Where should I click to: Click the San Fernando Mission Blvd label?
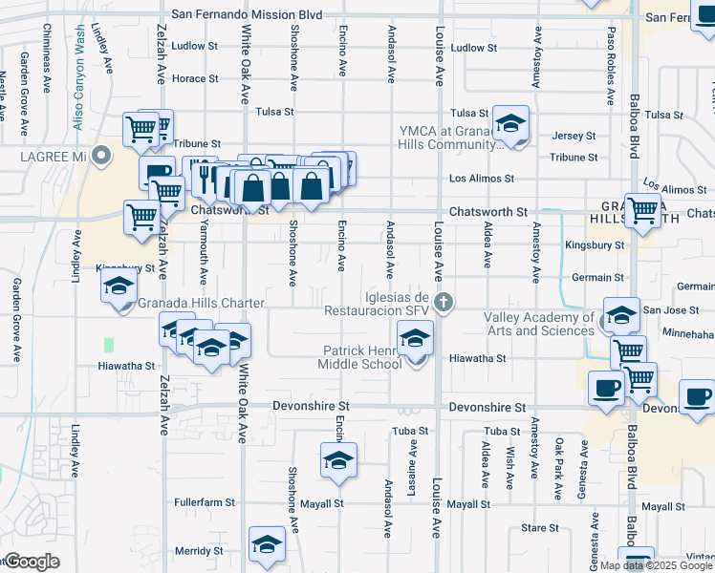pos(246,15)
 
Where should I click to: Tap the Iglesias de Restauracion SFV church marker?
pos(442,304)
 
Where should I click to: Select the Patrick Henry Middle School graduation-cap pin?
pos(415,340)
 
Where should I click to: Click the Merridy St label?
pos(199,551)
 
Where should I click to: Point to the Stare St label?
pos(540,528)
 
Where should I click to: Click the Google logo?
pos(32,562)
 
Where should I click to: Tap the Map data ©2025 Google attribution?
pos(657,565)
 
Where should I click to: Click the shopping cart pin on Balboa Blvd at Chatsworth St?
pos(643,210)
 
